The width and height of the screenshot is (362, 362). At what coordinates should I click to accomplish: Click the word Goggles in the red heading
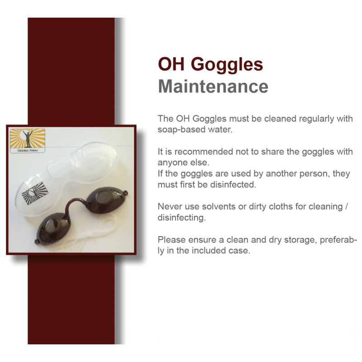click(x=227, y=65)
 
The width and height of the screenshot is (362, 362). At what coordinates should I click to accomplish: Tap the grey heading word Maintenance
click(x=213, y=86)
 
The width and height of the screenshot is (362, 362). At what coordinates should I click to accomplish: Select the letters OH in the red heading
click(x=171, y=64)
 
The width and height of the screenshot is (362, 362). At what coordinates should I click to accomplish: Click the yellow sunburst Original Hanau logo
click(x=28, y=141)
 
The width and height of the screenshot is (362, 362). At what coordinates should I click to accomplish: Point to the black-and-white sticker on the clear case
click(x=35, y=193)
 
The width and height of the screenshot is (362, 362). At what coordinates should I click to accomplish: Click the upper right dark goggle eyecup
click(x=106, y=200)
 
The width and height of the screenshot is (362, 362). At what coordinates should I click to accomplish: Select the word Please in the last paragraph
click(x=171, y=240)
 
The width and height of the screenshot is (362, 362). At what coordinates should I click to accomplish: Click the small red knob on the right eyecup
click(x=126, y=192)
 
